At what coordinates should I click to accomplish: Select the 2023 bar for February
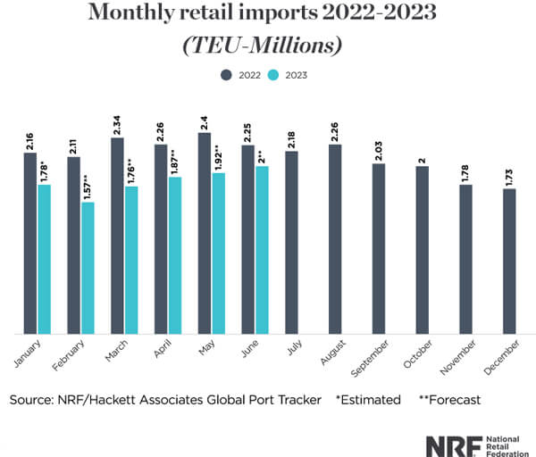88,268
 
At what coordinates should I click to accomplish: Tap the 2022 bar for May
205,233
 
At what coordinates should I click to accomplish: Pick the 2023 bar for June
263,250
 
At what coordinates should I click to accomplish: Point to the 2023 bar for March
131,260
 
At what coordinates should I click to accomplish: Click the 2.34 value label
117,123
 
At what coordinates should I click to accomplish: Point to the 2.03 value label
379,149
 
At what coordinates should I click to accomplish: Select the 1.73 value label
509,174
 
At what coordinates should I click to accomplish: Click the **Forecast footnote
450,400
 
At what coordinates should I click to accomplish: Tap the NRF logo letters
446,444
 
